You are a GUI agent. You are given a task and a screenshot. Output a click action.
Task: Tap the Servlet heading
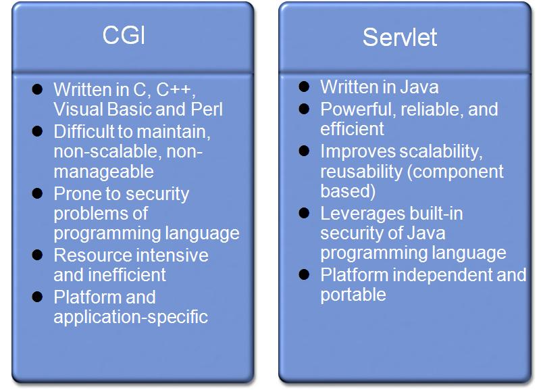click(x=400, y=36)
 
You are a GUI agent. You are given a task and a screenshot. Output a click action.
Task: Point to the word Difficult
click(x=83, y=132)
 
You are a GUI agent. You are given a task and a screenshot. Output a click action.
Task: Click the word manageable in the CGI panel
click(x=103, y=172)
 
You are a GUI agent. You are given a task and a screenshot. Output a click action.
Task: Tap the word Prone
click(x=76, y=195)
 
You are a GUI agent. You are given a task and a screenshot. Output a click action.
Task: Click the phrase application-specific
click(x=130, y=316)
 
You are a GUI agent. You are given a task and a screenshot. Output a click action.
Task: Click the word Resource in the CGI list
click(x=91, y=255)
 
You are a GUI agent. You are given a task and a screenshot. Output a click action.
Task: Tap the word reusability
click(x=363, y=172)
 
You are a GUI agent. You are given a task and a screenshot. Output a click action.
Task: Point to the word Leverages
click(x=361, y=214)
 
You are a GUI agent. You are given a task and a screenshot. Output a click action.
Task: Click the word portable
click(x=353, y=295)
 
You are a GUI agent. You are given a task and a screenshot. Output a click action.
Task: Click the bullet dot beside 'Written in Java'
click(x=305, y=87)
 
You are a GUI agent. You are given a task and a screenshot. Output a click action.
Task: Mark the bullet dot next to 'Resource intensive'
click(x=38, y=255)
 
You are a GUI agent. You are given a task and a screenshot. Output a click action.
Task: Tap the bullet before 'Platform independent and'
click(x=305, y=274)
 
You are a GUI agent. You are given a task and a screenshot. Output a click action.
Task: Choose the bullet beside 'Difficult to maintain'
click(x=38, y=131)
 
